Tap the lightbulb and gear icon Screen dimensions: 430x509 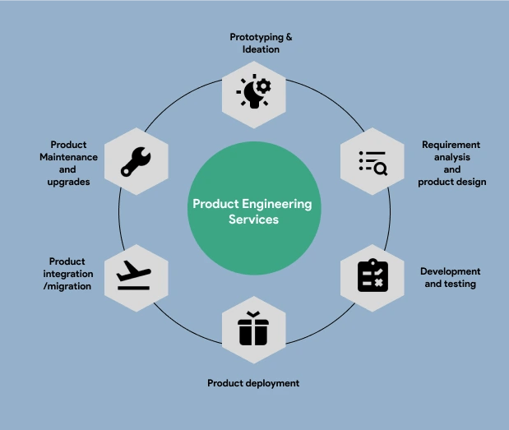point(254,92)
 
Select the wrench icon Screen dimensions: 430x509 point(136,161)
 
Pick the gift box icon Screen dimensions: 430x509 point(253,330)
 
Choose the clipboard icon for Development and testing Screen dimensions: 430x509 point(372,275)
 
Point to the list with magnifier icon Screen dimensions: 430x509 point(372,162)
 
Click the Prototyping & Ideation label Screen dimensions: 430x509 point(261,43)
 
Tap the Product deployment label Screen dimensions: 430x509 point(253,383)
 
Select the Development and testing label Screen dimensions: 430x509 point(450,278)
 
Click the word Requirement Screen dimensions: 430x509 point(451,145)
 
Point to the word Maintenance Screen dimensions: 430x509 point(69,157)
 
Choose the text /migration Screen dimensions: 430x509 point(67,286)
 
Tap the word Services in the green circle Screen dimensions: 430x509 point(253,220)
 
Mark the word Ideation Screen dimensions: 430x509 point(261,49)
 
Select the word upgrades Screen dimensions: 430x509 point(68,181)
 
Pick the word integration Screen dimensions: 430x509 point(67,274)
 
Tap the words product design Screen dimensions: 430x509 point(451,182)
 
